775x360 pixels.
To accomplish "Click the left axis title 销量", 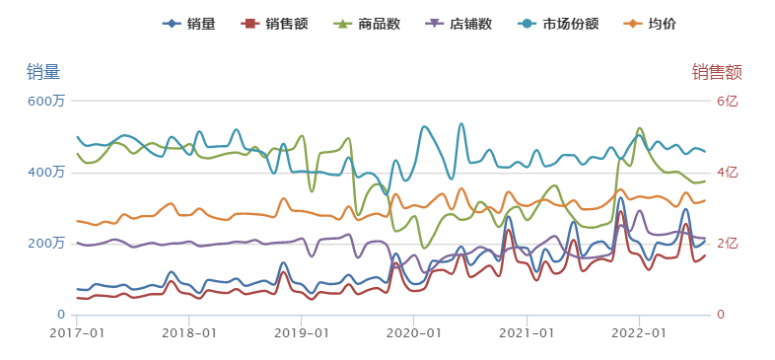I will [42, 71].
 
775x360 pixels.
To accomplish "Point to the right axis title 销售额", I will [717, 71].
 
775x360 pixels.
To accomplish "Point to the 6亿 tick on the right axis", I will [725, 101].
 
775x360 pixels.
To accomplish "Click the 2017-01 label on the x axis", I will [76, 333].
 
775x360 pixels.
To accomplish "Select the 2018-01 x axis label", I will [188, 333].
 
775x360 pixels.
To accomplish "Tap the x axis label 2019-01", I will [302, 333].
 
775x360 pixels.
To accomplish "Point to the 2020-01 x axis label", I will [414, 333].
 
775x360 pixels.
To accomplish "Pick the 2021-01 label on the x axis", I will [527, 333].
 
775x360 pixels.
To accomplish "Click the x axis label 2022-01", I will [639, 333].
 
